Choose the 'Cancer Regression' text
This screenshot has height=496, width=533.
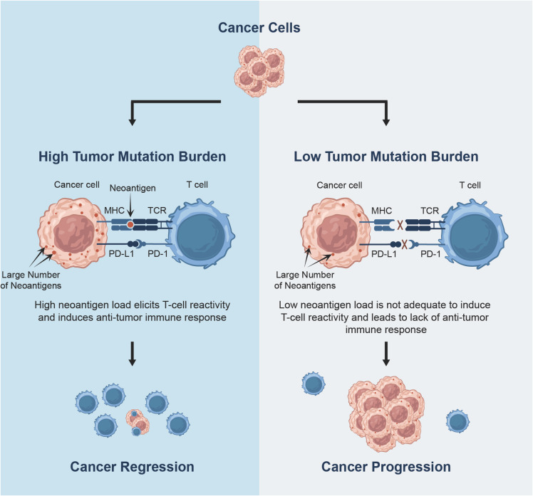(x=133, y=468)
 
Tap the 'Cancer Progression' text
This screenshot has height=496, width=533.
(x=385, y=468)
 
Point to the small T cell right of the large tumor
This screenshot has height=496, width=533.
(x=459, y=420)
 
